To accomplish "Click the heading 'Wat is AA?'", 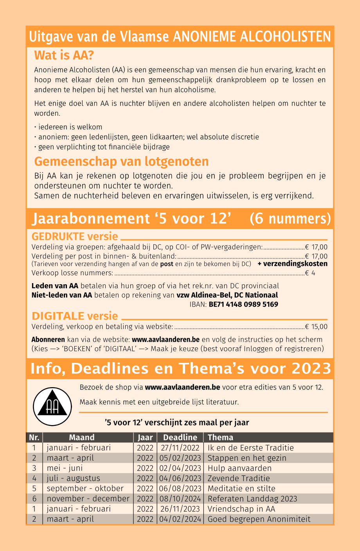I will pyautogui.click(x=64, y=55).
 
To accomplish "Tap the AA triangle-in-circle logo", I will pyautogui.click(x=52, y=407).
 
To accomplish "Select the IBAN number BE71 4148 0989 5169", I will pyautogui.click(x=243, y=304).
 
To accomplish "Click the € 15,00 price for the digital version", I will pyautogui.click(x=316, y=327).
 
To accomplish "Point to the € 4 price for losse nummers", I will pyautogui.click(x=310, y=273).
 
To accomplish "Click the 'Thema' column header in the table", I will pyautogui.click(x=220, y=437).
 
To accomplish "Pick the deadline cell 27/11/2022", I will pyautogui.click(x=180, y=448).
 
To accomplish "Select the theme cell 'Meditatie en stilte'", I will pyautogui.click(x=241, y=488).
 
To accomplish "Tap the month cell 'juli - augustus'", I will pyautogui.click(x=73, y=478).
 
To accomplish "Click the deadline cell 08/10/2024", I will pyautogui.click(x=180, y=499).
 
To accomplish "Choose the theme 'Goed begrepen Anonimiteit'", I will pyautogui.click(x=259, y=519).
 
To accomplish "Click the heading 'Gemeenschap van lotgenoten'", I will pyautogui.click(x=121, y=162).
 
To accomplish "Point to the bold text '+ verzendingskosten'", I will pyautogui.click(x=292, y=264).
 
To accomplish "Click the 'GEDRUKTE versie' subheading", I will pyautogui.click(x=75, y=237).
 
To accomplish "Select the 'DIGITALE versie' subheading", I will pyautogui.click(x=75, y=316).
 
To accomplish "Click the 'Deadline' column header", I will pyautogui.click(x=180, y=437).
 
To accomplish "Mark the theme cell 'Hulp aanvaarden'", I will pyautogui.click(x=239, y=468).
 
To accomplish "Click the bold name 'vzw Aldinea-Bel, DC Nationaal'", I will pyautogui.click(x=227, y=295).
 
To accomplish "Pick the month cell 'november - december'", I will pyautogui.click(x=88, y=499).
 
